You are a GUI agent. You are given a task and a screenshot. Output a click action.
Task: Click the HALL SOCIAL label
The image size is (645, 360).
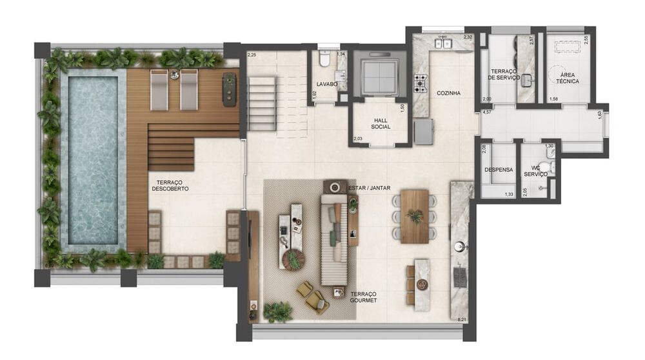380,124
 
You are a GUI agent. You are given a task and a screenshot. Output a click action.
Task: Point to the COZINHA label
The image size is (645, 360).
448,93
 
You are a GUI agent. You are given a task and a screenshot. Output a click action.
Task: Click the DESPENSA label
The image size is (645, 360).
498,170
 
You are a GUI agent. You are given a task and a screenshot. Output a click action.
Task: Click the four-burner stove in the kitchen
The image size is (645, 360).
421,83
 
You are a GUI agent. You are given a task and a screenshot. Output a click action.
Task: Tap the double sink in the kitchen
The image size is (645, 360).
443,43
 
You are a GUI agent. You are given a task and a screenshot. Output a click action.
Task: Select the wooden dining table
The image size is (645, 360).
415,215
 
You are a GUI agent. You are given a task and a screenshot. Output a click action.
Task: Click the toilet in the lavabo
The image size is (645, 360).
325,61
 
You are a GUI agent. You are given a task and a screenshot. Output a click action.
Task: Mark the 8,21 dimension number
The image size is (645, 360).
461,319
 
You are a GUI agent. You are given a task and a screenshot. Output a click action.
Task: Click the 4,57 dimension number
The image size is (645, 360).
488,112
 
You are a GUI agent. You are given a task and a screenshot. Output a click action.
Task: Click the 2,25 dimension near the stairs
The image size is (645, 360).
252,54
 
